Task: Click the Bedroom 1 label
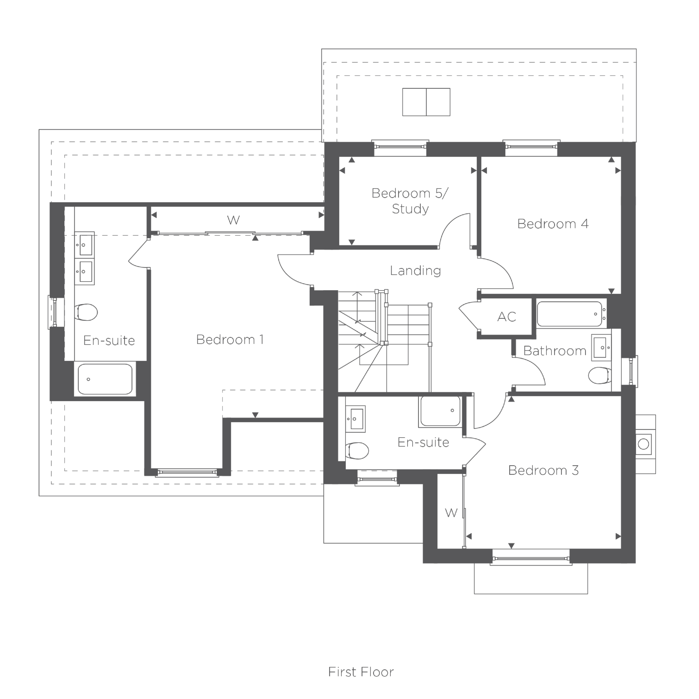click(230, 340)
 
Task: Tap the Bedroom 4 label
click(553, 224)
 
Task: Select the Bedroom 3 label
click(544, 470)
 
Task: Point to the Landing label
click(415, 271)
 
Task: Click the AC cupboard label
click(507, 317)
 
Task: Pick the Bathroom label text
click(555, 351)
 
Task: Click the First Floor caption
click(361, 672)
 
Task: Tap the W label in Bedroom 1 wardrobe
click(233, 220)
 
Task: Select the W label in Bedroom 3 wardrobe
click(451, 513)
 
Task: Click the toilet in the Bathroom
click(599, 375)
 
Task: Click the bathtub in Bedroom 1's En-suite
click(105, 379)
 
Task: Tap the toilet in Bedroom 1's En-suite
click(86, 312)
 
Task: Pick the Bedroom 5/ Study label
click(410, 201)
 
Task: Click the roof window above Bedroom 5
click(426, 102)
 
